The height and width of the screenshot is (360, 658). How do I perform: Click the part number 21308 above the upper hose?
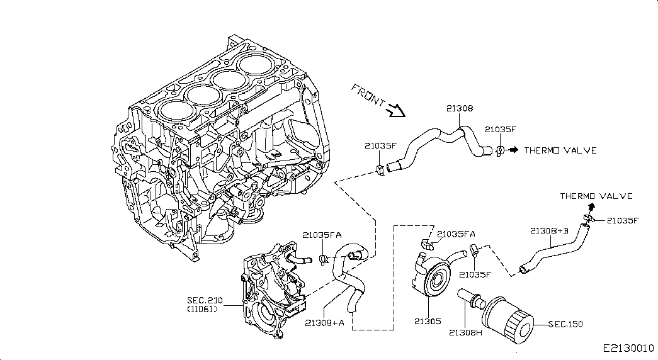click(460, 108)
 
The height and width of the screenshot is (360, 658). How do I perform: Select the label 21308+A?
click(324, 323)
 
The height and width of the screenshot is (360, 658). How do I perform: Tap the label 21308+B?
click(549, 231)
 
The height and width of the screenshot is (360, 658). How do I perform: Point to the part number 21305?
click(428, 322)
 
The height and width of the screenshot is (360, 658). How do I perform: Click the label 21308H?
click(466, 333)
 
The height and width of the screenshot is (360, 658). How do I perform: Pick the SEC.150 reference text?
click(565, 324)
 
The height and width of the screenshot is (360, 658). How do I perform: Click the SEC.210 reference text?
click(205, 300)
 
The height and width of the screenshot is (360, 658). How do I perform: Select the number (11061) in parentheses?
click(202, 310)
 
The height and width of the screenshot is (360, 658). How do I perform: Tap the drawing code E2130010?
click(628, 348)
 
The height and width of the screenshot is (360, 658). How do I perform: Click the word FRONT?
click(368, 96)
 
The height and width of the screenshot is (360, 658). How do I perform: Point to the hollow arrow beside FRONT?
click(395, 110)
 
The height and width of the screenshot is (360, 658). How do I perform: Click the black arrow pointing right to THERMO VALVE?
click(513, 150)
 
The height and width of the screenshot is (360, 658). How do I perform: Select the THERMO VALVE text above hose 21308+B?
click(596, 196)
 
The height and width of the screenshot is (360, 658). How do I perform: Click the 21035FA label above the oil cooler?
click(456, 234)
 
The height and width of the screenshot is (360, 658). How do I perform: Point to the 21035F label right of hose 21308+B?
click(623, 220)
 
